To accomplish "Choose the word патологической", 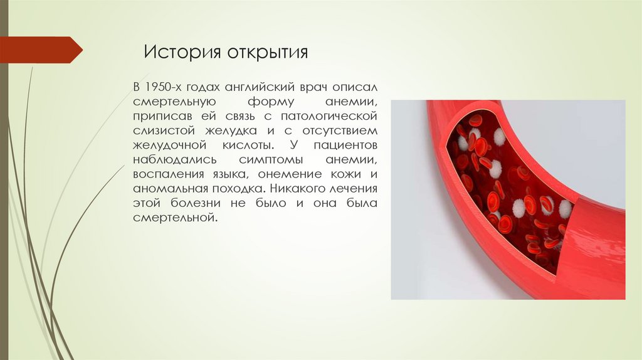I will click(330, 117).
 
